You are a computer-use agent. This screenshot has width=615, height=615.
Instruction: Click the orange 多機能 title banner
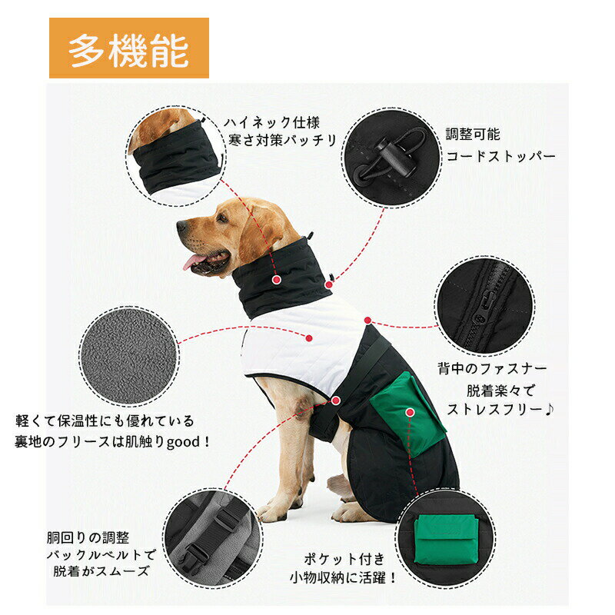click(128, 48)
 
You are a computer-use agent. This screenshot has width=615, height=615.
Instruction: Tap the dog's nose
click(181, 226)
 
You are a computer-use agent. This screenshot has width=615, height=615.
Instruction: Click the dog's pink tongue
click(193, 261)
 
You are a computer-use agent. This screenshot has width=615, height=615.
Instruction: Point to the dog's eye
click(222, 217)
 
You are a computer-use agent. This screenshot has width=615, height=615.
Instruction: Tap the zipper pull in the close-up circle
click(483, 307)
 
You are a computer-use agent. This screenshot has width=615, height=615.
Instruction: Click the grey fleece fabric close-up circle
click(129, 356)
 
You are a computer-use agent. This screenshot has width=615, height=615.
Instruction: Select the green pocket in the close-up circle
click(447, 540)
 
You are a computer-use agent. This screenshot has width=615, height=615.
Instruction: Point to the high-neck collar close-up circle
click(176, 156)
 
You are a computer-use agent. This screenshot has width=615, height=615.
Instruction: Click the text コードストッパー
click(501, 157)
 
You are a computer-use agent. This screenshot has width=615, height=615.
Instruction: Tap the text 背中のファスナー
click(492, 368)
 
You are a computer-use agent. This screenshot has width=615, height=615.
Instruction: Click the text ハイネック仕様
click(272, 123)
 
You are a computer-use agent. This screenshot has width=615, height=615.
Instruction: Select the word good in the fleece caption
click(184, 443)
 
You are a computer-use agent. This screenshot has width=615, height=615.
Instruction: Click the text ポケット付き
click(344, 559)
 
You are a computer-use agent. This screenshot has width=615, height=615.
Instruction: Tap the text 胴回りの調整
click(88, 537)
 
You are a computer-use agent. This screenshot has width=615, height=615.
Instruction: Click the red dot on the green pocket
click(410, 412)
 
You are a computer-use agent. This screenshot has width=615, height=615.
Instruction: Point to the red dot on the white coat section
click(309, 338)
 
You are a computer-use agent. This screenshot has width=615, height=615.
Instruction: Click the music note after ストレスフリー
click(550, 410)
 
